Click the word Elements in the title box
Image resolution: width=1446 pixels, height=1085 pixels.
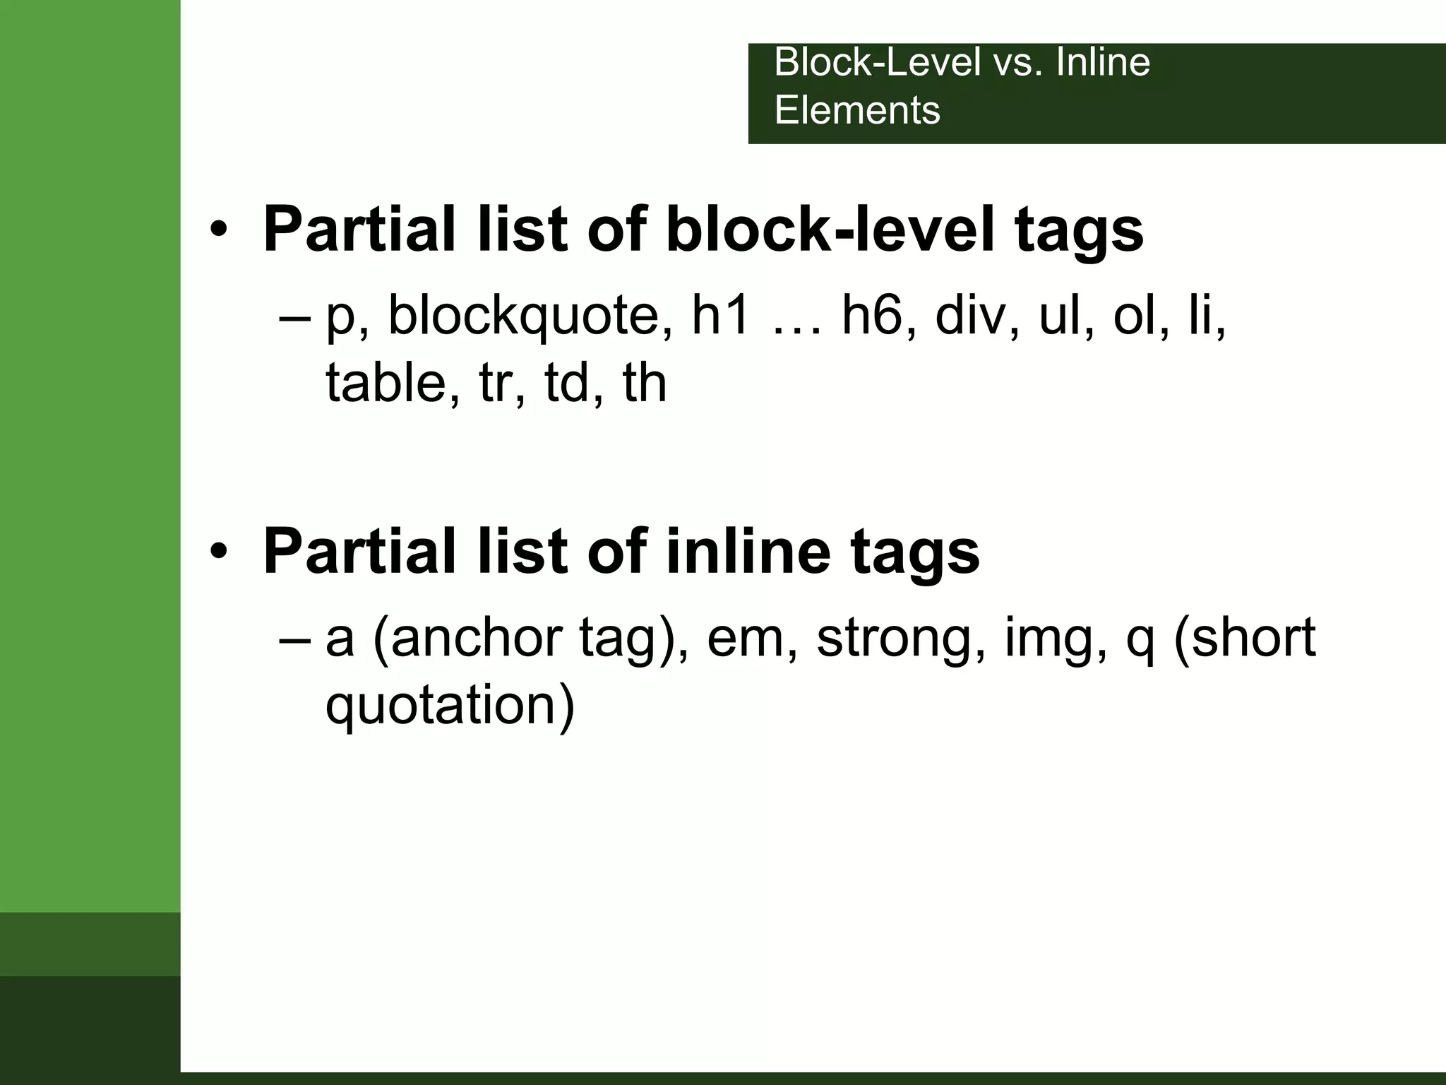tap(857, 111)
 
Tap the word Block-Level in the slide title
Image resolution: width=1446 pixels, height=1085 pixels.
tap(878, 62)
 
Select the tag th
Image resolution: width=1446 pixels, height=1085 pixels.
tap(645, 382)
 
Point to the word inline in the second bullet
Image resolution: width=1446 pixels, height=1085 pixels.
tap(748, 551)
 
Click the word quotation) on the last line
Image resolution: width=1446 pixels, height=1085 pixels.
tap(450, 706)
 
